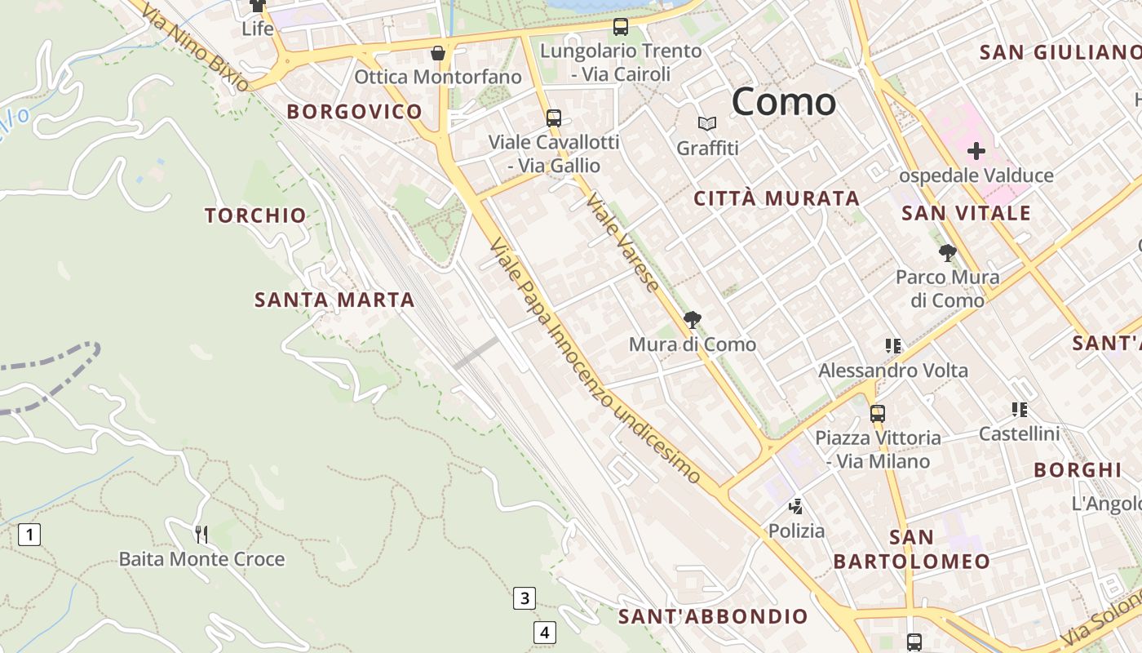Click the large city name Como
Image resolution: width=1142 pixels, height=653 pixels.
[783, 102]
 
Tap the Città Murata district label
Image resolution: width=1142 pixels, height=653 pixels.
[777, 198]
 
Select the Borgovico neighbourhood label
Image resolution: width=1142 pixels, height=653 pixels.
[354, 112]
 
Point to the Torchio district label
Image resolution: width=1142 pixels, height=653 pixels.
[255, 215]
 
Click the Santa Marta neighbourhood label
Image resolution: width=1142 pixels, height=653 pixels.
[334, 300]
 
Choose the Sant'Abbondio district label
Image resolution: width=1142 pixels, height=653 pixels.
[713, 616]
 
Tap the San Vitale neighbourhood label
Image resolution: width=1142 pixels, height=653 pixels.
[966, 214]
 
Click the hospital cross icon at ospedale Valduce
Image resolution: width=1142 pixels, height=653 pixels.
[976, 151]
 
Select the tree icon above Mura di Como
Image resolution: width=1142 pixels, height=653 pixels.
[692, 319]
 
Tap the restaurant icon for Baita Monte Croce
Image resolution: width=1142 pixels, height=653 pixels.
[201, 535]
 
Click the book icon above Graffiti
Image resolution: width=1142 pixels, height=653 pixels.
[707, 124]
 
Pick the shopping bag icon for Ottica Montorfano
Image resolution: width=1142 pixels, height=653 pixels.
[438, 54]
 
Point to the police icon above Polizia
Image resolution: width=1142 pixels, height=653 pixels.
[796, 507]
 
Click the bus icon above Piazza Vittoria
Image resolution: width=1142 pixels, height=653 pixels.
[878, 413]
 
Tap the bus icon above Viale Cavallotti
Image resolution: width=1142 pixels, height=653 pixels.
[554, 118]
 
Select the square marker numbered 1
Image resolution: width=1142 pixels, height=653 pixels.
[29, 535]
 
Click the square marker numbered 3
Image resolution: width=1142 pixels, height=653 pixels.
[524, 598]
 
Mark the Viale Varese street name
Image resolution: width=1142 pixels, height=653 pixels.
[622, 242]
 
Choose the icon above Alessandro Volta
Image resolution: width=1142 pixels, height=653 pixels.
[893, 346]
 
